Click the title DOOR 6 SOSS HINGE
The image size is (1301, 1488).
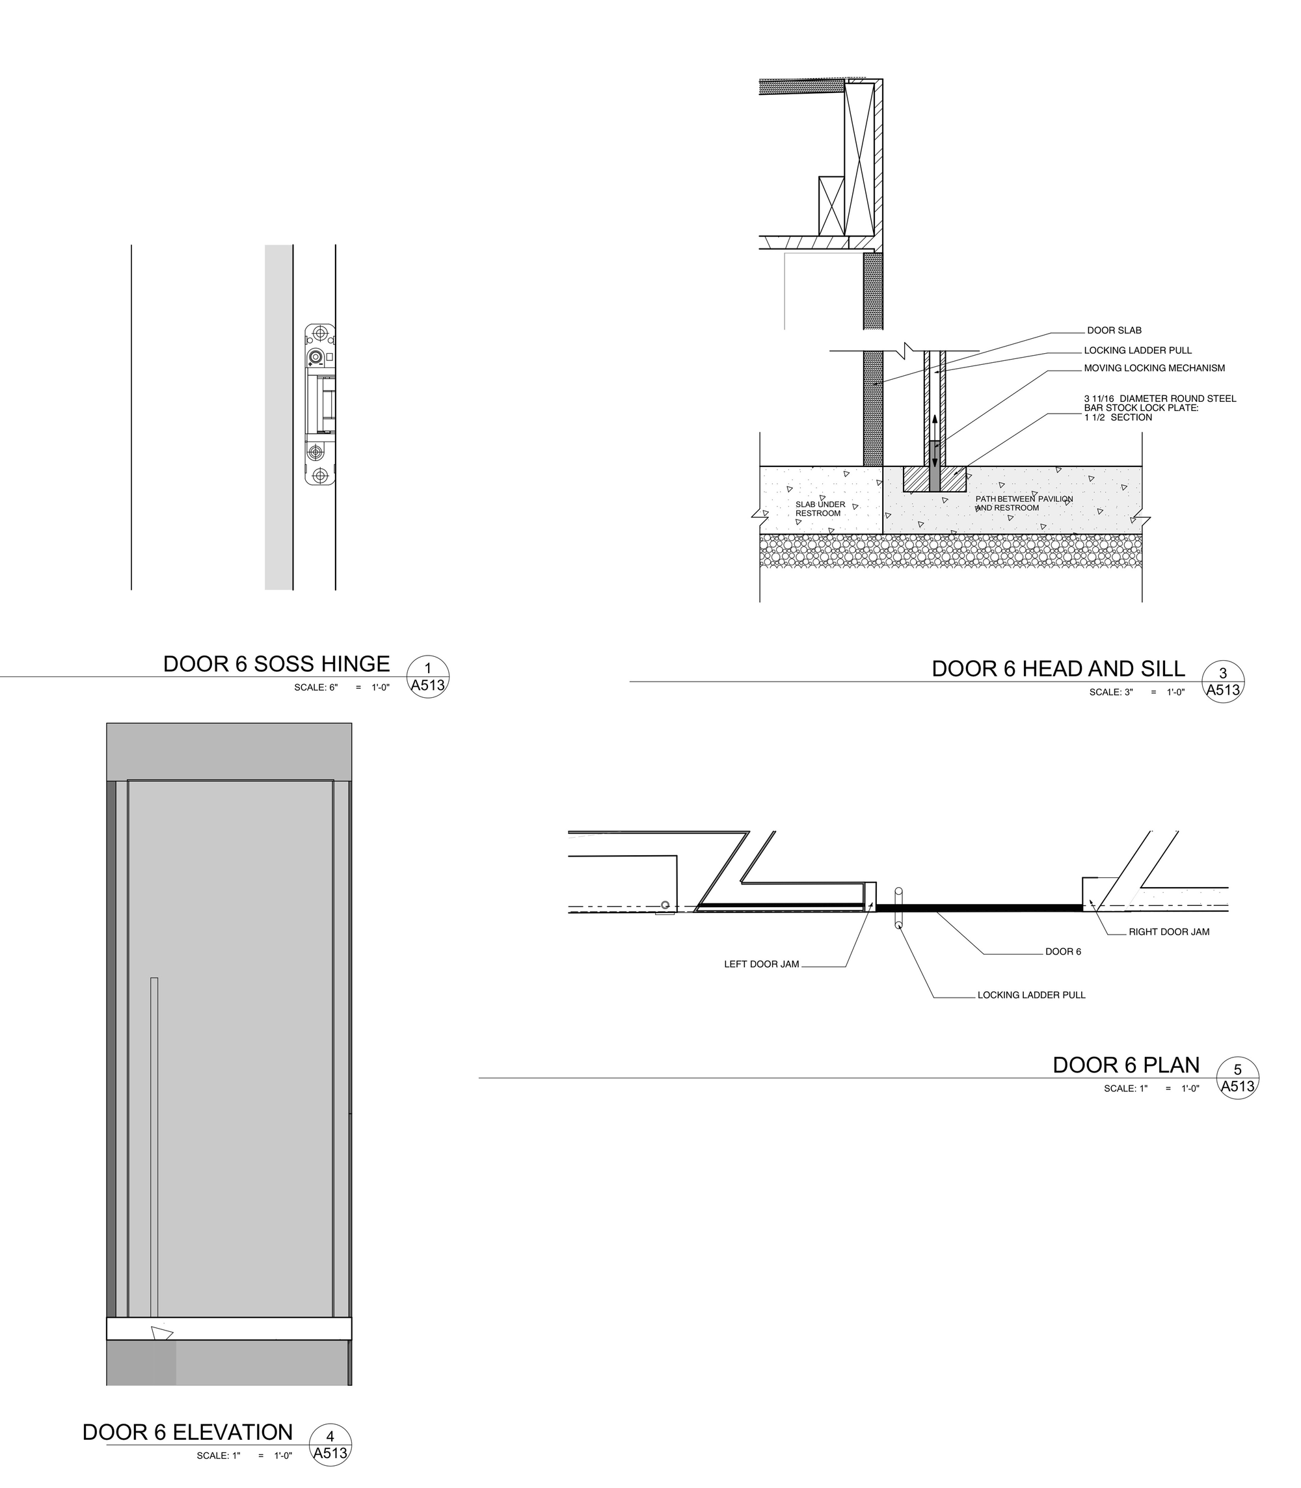[x=276, y=664]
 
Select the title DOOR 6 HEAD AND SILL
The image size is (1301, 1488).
[x=1058, y=669]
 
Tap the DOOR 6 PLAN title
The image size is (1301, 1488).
[x=1126, y=1065]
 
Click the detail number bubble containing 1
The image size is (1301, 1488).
[x=427, y=676]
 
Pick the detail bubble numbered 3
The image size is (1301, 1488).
[x=1222, y=682]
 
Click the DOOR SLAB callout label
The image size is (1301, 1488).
[x=1114, y=331]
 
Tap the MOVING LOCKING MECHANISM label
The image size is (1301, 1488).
[x=1155, y=368]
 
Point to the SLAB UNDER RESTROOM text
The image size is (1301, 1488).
[x=820, y=509]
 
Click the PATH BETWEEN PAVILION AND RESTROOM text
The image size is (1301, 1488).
[x=1024, y=503]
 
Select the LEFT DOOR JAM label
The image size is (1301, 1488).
[x=762, y=964]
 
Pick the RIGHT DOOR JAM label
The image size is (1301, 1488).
[x=1169, y=932]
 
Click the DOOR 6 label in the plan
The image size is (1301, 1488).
[x=1063, y=951]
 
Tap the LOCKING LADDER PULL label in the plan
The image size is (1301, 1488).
[x=1031, y=995]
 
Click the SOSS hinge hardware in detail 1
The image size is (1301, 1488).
[x=319, y=405]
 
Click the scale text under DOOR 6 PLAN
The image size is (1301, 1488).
[x=1151, y=1089]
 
